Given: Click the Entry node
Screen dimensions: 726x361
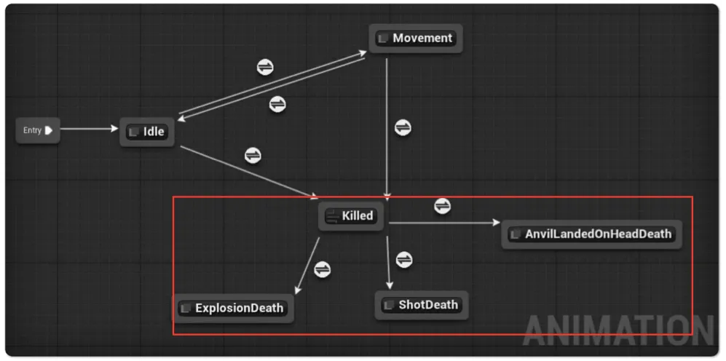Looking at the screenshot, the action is coord(38,130).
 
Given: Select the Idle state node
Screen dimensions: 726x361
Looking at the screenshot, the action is coord(147,132).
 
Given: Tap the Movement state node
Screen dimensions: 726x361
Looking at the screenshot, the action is coord(416,38).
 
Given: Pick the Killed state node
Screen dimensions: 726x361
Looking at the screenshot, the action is coord(351,215).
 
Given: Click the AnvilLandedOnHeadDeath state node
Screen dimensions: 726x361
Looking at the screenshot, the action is coord(591,234).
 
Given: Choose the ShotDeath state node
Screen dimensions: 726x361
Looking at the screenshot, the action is coord(422,305).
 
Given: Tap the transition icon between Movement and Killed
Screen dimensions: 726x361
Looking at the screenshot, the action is coord(403,127).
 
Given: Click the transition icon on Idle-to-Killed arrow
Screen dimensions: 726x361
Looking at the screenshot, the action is coord(253,155).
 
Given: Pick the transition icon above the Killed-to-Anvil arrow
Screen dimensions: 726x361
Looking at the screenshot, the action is coord(443,205).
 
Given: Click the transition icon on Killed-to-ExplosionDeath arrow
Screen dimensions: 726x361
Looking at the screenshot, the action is coord(323,269).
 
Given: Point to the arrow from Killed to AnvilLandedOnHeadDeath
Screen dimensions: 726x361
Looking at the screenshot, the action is coord(444,223).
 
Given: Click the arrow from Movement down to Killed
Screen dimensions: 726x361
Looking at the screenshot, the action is coord(387,130).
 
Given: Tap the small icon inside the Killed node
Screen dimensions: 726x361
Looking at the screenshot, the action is coord(333,216).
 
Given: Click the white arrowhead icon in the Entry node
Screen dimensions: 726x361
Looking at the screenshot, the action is coord(49,130).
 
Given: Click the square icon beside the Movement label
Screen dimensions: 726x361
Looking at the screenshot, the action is coord(383,39).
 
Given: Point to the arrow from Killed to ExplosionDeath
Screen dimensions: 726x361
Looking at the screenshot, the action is coord(307,266).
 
